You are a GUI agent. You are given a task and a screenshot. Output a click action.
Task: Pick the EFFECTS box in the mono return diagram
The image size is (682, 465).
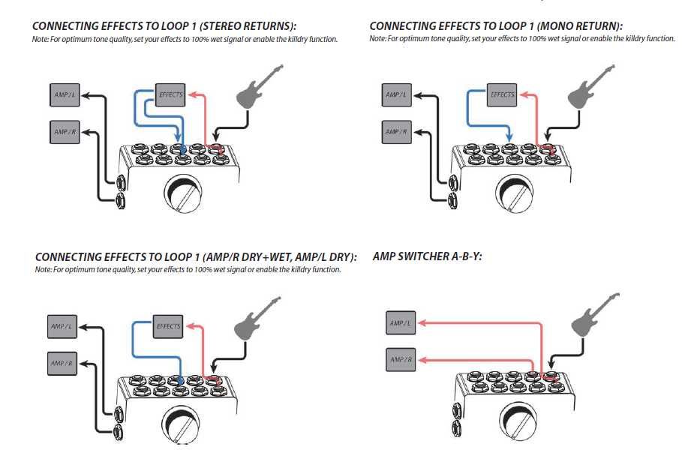coord(501,95)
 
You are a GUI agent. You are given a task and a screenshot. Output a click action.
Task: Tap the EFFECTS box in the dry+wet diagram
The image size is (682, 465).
coord(167,326)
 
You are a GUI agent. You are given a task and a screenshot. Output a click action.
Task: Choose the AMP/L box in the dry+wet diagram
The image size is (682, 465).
coord(62,326)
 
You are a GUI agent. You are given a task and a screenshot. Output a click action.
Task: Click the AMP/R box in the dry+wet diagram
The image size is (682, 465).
coord(62,363)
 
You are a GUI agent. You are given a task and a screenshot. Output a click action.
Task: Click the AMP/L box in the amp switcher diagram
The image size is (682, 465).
coord(400,323)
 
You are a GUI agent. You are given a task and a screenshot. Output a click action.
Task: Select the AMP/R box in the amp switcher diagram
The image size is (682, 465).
coord(400,360)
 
